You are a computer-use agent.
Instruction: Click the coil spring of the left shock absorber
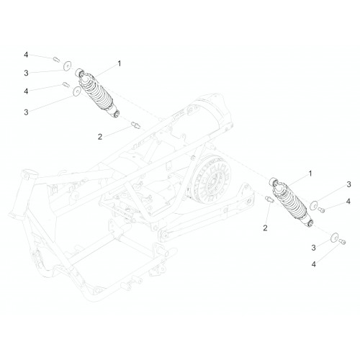click(x=96, y=92)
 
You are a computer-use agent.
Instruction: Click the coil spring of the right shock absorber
click(x=291, y=201)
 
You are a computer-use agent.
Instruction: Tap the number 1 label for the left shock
click(x=120, y=63)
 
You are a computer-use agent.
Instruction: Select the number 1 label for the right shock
click(x=310, y=174)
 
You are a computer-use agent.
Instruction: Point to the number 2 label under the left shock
click(x=100, y=137)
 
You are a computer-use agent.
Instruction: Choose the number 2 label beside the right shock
click(x=265, y=228)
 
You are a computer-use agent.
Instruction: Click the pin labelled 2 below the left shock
click(x=135, y=125)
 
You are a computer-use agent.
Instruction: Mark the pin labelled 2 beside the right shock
click(x=269, y=199)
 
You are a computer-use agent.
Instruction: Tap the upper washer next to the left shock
click(x=68, y=66)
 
